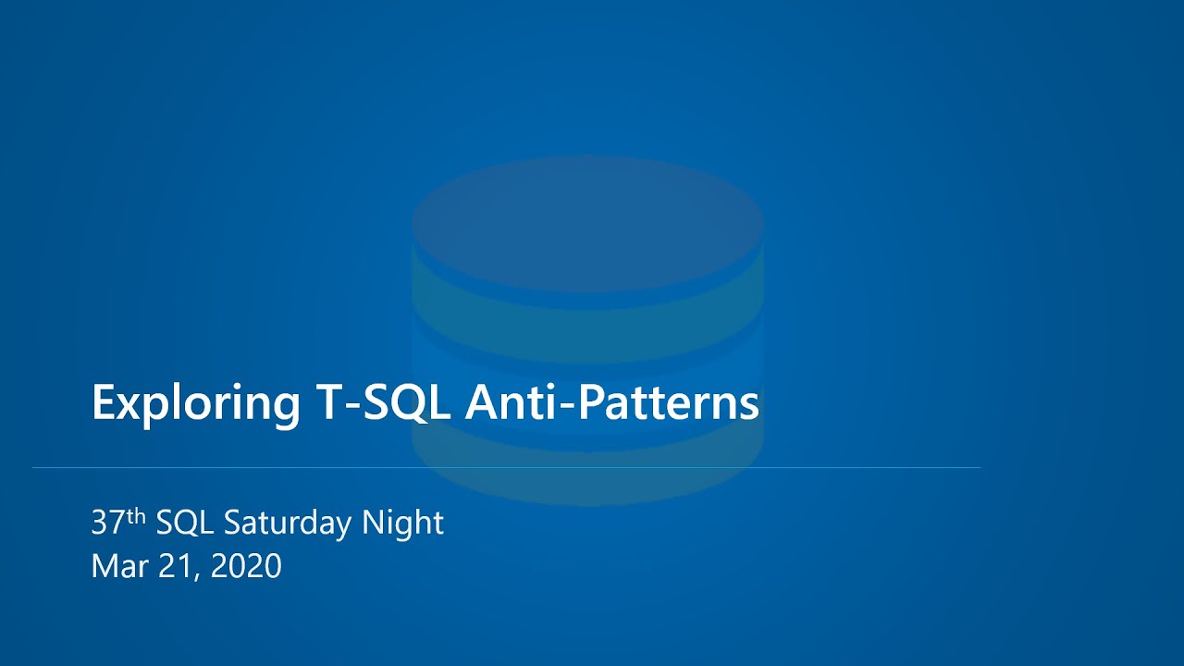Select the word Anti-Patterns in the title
(611, 402)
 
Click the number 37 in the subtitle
(108, 524)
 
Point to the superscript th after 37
(136, 517)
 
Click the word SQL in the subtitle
(185, 524)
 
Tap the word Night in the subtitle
(402, 524)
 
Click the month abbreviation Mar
(117, 566)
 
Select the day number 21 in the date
(170, 566)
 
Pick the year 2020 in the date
(246, 566)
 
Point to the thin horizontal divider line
(506, 468)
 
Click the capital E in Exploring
(104, 402)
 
